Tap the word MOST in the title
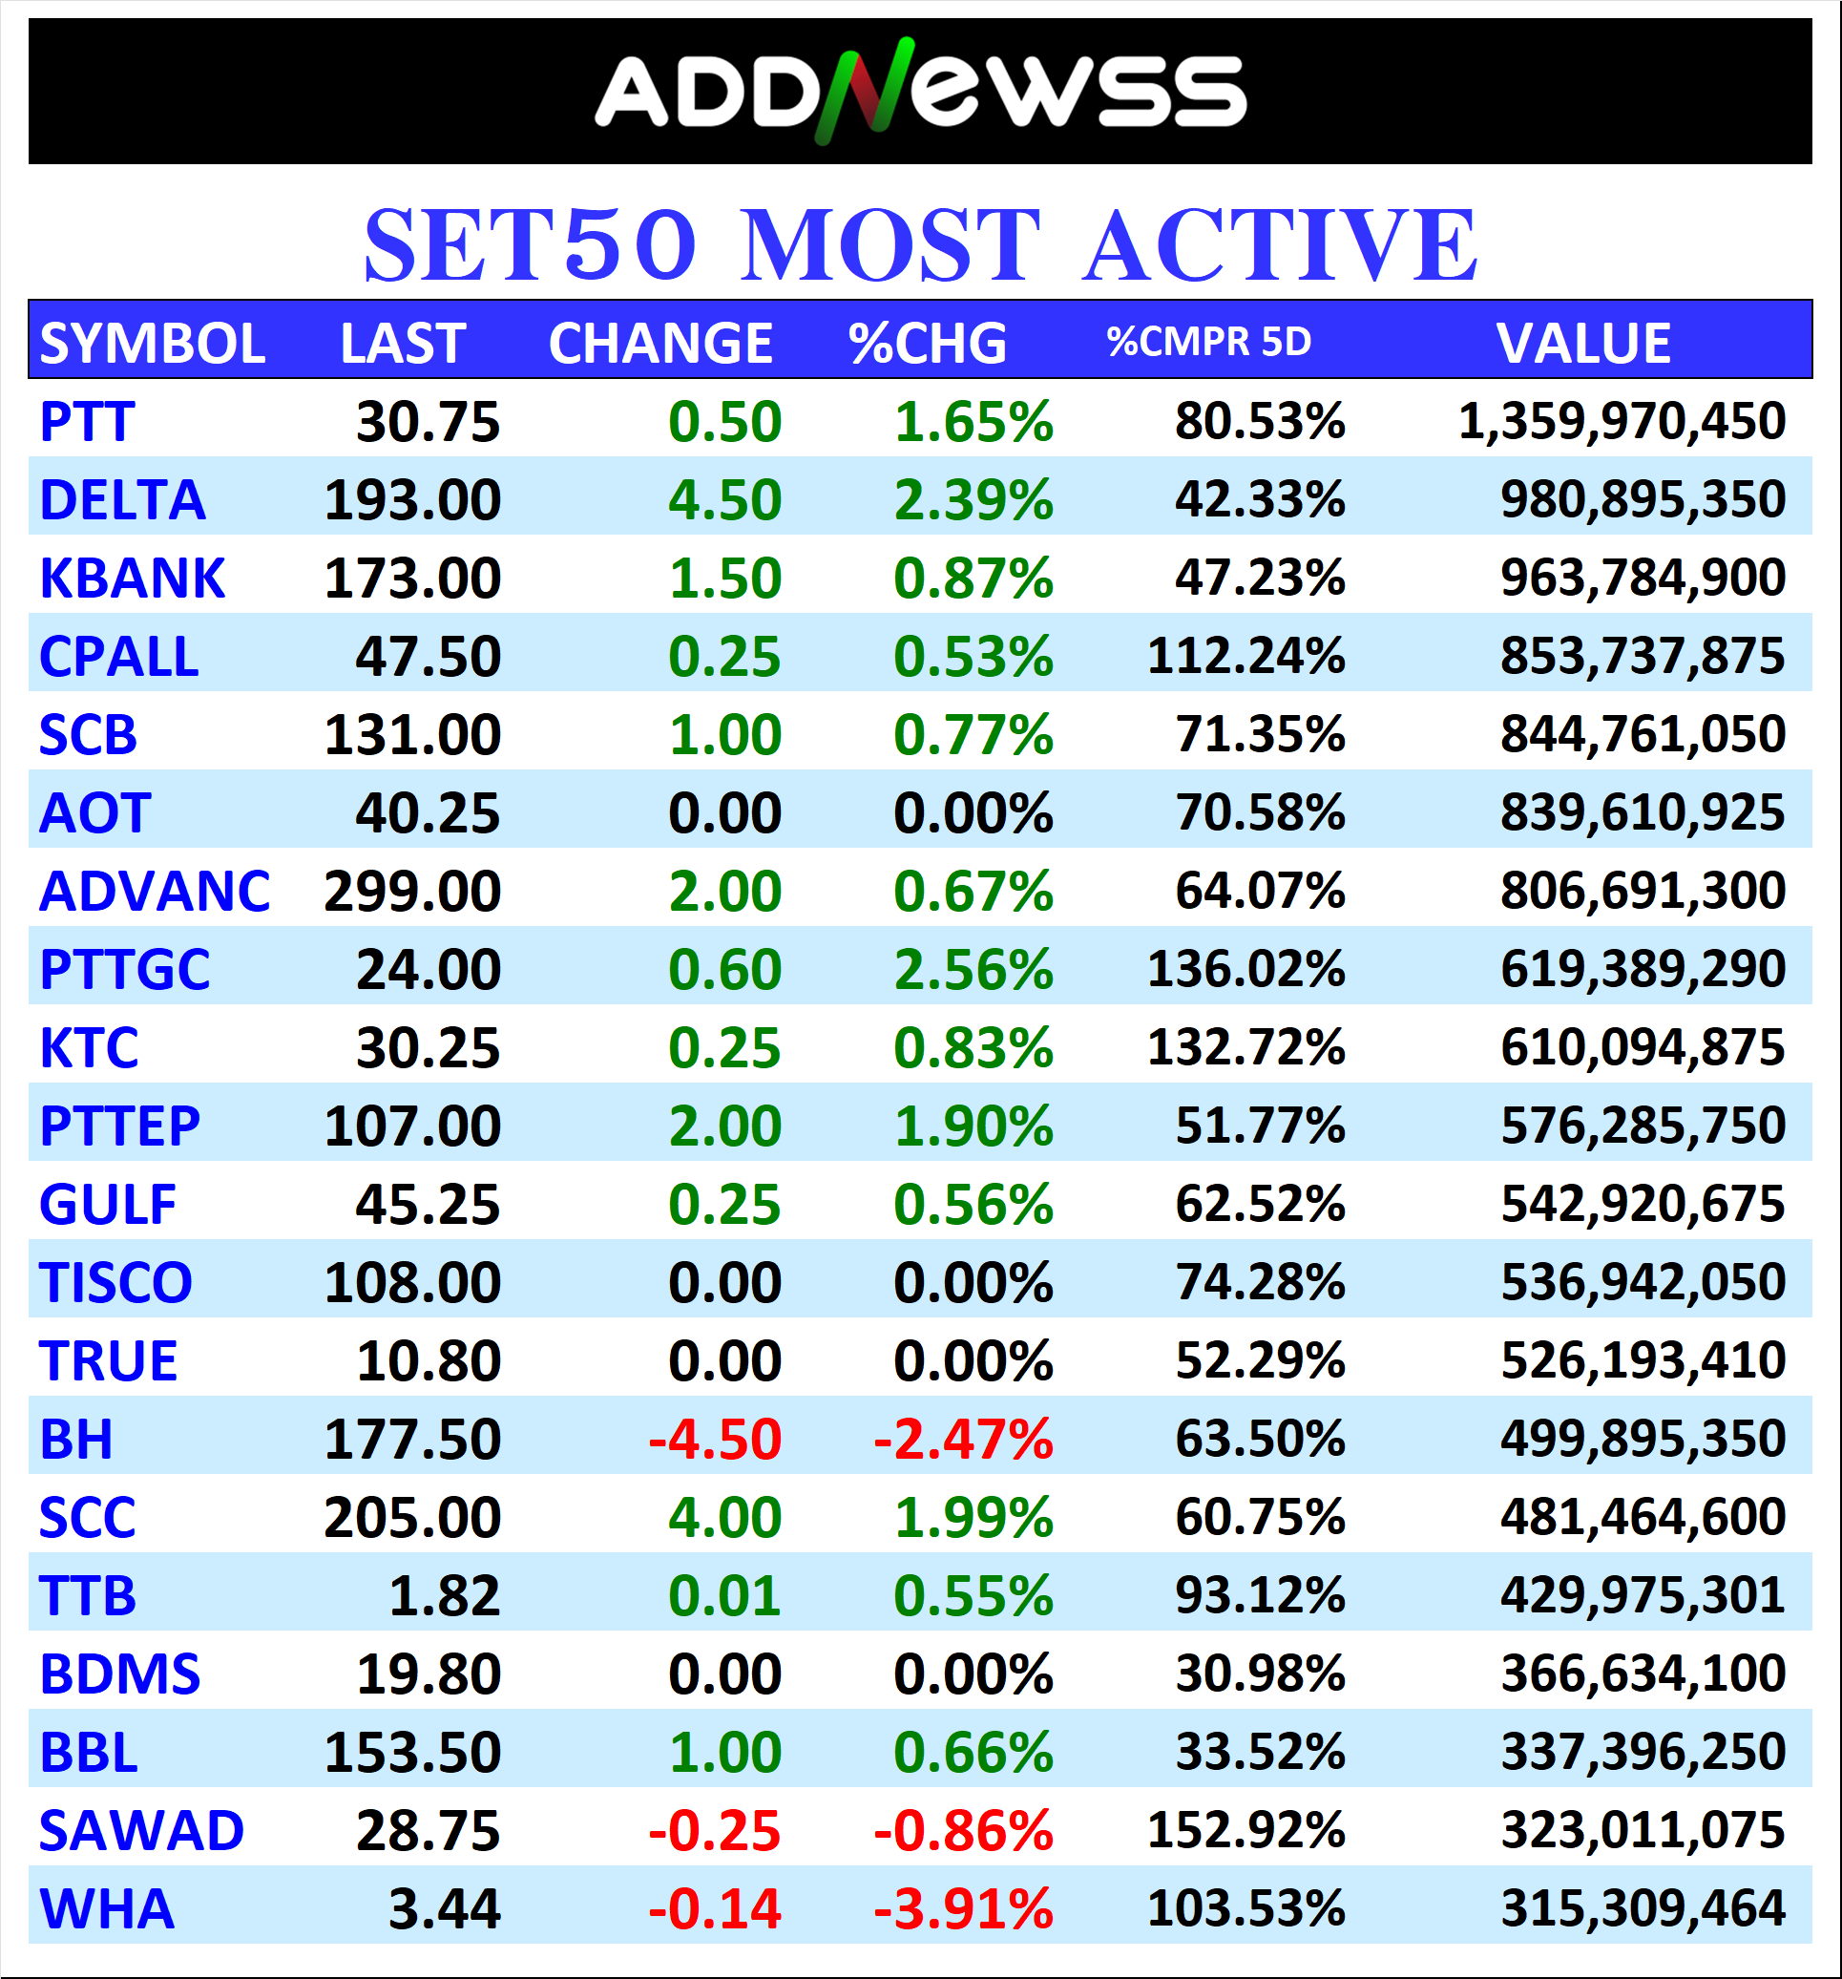pyautogui.click(x=890, y=245)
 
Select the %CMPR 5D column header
pyautogui.click(x=1208, y=343)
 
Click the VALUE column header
pyautogui.click(x=1583, y=344)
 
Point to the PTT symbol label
pyautogui.click(x=87, y=422)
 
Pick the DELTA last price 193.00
pyautogui.click(x=412, y=499)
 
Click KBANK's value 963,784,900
pyautogui.click(x=1643, y=579)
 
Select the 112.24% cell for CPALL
pyautogui.click(x=1245, y=656)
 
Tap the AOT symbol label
pyautogui.click(x=94, y=813)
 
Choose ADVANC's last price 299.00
pyautogui.click(x=412, y=891)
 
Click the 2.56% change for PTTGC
pyautogui.click(x=973, y=970)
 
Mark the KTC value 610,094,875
pyautogui.click(x=1643, y=1047)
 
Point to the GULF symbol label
pyautogui.click(x=108, y=1205)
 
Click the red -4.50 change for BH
pyautogui.click(x=715, y=1440)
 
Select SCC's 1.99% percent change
pyautogui.click(x=973, y=1518)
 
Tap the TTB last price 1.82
pyautogui.click(x=444, y=1596)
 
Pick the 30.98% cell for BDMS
pyautogui.click(x=1260, y=1674)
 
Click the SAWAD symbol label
pyautogui.click(x=141, y=1831)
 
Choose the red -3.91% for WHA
pyautogui.click(x=962, y=1909)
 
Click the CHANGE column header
pyautogui.click(x=659, y=344)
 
